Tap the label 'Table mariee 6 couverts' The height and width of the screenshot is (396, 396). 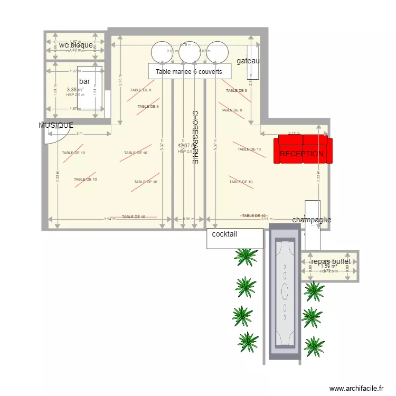(x=189, y=72)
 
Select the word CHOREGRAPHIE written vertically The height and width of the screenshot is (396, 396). (x=194, y=137)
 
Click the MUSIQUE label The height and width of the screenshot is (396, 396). (x=56, y=125)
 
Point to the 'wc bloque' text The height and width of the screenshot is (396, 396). (x=76, y=45)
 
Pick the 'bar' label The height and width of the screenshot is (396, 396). (x=84, y=81)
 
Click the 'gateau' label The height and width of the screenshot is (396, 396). (x=248, y=61)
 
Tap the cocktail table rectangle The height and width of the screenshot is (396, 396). (x=234, y=238)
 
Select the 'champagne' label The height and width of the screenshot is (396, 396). (x=312, y=220)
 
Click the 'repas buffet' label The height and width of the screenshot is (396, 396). (x=331, y=261)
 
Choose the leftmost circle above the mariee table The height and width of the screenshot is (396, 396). (x=161, y=52)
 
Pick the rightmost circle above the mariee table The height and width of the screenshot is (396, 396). (x=217, y=52)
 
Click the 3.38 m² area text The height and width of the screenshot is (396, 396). (x=75, y=90)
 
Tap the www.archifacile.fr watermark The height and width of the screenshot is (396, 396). (x=356, y=389)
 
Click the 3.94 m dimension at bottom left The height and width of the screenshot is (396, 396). (x=109, y=219)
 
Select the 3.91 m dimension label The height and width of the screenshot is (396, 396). (x=267, y=219)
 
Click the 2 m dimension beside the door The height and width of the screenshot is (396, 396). (x=80, y=134)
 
